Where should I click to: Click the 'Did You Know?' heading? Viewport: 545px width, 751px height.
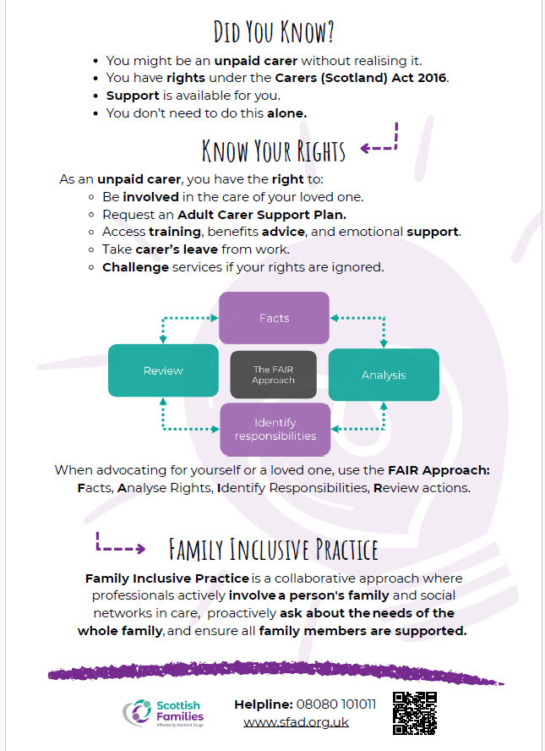(273, 32)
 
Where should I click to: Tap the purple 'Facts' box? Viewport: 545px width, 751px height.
(274, 318)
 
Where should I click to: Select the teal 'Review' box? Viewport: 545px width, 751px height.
(163, 370)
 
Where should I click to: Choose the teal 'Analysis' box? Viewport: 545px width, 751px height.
(384, 375)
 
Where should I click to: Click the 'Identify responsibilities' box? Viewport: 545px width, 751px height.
(275, 429)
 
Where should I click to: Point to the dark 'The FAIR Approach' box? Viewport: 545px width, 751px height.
(273, 375)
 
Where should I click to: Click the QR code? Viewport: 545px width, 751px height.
(415, 713)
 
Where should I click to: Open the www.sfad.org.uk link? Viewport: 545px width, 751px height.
(296, 721)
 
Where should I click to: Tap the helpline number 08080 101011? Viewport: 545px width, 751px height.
(336, 704)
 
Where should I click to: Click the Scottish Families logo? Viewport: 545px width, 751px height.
(163, 713)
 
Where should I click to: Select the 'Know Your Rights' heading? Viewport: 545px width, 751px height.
(273, 151)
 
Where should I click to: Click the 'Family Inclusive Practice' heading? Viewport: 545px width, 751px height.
(273, 550)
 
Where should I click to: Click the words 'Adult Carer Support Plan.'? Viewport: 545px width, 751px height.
(262, 215)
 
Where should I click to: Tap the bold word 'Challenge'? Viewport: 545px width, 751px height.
(135, 267)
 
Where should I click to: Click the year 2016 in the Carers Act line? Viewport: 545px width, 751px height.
(433, 78)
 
